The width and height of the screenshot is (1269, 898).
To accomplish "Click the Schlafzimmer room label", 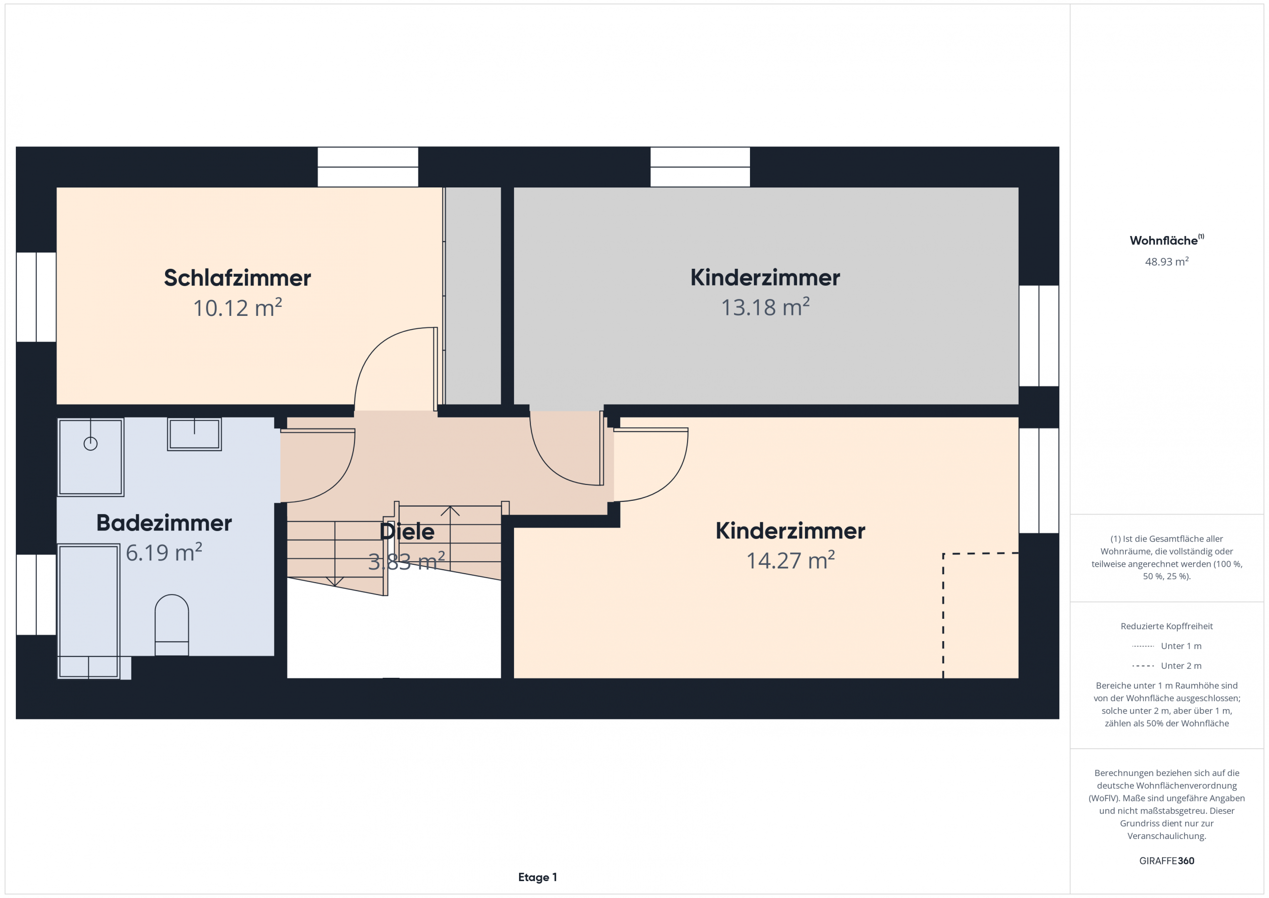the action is [237, 278].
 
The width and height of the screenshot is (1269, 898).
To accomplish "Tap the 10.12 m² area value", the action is [237, 308].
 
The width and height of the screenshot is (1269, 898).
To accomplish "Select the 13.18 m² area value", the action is [765, 307].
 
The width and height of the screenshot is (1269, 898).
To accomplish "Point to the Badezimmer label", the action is [164, 523].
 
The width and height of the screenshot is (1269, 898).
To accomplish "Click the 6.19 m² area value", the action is [164, 552].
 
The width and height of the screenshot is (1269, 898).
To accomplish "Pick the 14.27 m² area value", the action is [790, 560].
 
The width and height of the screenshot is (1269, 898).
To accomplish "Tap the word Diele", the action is [407, 532].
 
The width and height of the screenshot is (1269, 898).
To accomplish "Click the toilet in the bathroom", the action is [172, 625].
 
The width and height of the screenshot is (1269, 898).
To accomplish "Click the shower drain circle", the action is [91, 443].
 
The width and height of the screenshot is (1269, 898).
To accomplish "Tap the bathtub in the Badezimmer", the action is [88, 611].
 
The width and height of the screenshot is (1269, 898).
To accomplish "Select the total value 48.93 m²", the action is [1167, 261].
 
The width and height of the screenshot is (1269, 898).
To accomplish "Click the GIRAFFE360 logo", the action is [1167, 861].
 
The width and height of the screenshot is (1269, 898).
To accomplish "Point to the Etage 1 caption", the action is [537, 877].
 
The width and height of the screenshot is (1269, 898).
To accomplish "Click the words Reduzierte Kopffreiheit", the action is [1167, 626].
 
